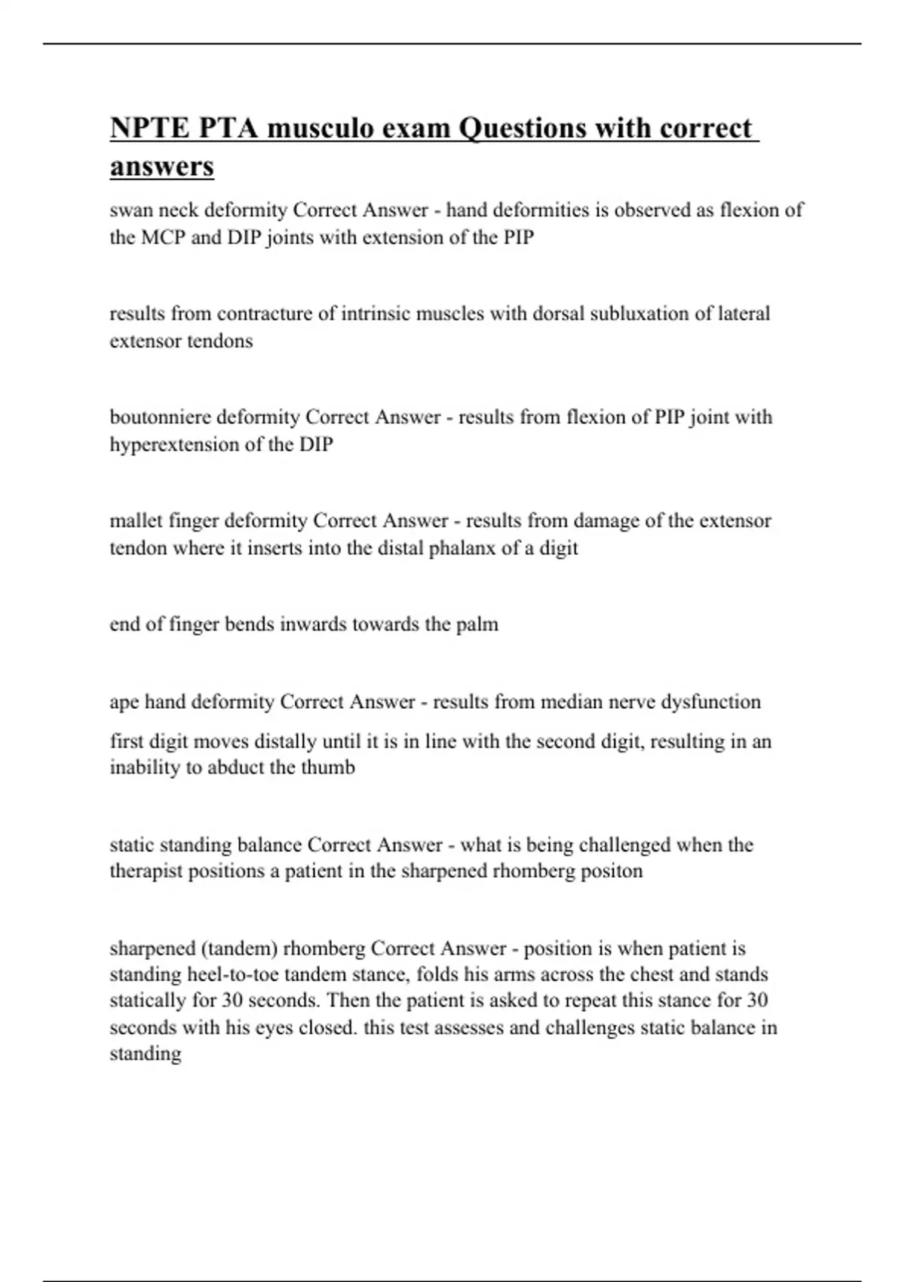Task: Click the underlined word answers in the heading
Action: [x=162, y=167]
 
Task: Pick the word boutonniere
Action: [x=160, y=417]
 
